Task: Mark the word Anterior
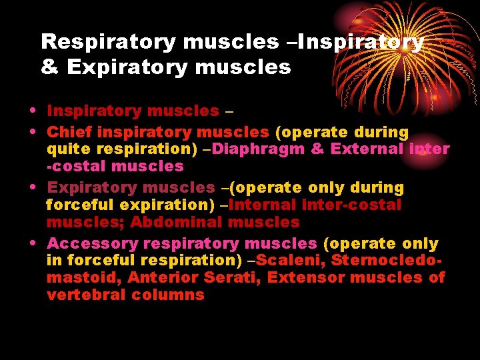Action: [160, 277]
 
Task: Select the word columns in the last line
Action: [170, 294]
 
